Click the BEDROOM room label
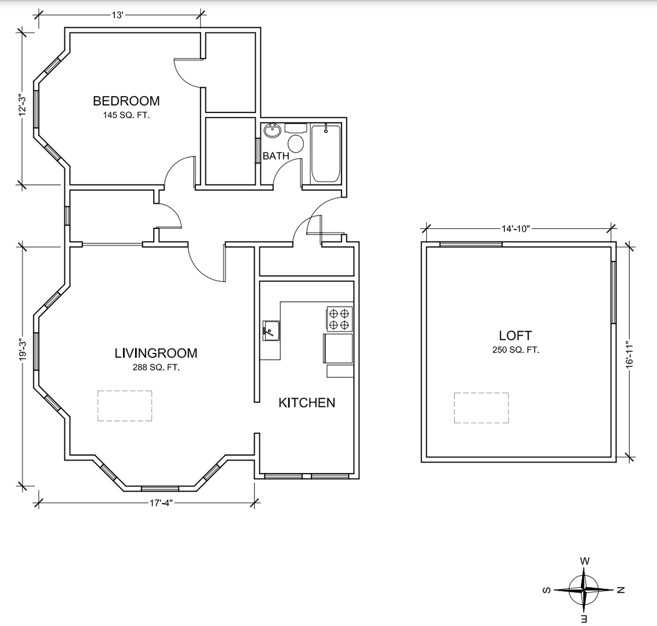tap(126, 101)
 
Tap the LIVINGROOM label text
tap(156, 353)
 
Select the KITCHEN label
tap(307, 403)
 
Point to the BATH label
tap(275, 156)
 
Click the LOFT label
tap(516, 336)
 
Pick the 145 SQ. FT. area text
tap(126, 115)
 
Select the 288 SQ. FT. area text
tap(156, 367)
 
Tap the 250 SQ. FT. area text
tap(516, 350)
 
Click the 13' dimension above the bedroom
tap(117, 16)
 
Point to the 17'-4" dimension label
tap(161, 503)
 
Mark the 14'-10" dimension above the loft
tap(516, 228)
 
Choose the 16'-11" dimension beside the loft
tap(630, 354)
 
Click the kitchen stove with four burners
tap(339, 319)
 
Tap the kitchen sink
tap(271, 330)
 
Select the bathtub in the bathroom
tap(326, 153)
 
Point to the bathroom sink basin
tap(273, 130)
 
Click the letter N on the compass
tap(621, 589)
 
